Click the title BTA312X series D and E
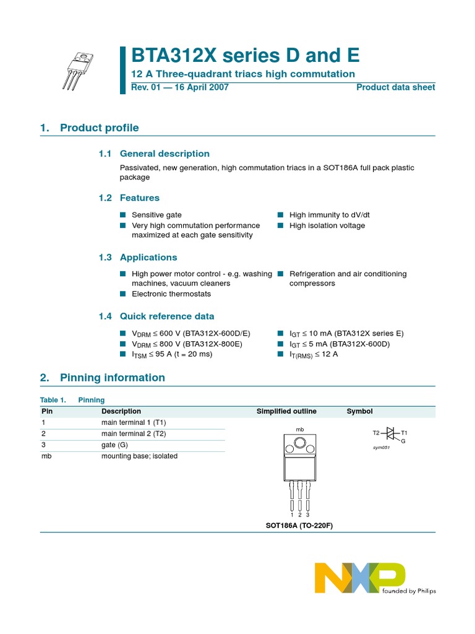click(245, 56)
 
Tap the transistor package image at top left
click(79, 69)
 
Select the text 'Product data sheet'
click(395, 87)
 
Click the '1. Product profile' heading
click(90, 128)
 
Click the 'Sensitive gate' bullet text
click(156, 215)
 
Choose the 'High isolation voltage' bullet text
click(327, 225)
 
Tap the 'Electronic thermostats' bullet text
click(171, 294)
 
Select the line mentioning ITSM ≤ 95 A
click(172, 354)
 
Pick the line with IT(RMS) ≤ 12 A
click(314, 354)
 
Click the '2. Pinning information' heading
click(103, 378)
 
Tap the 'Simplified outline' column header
click(286, 411)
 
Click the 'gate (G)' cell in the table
click(114, 445)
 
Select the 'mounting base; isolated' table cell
click(139, 456)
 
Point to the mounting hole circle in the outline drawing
click(300, 443)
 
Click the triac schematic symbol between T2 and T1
click(390, 433)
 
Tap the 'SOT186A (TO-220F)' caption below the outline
click(295, 526)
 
